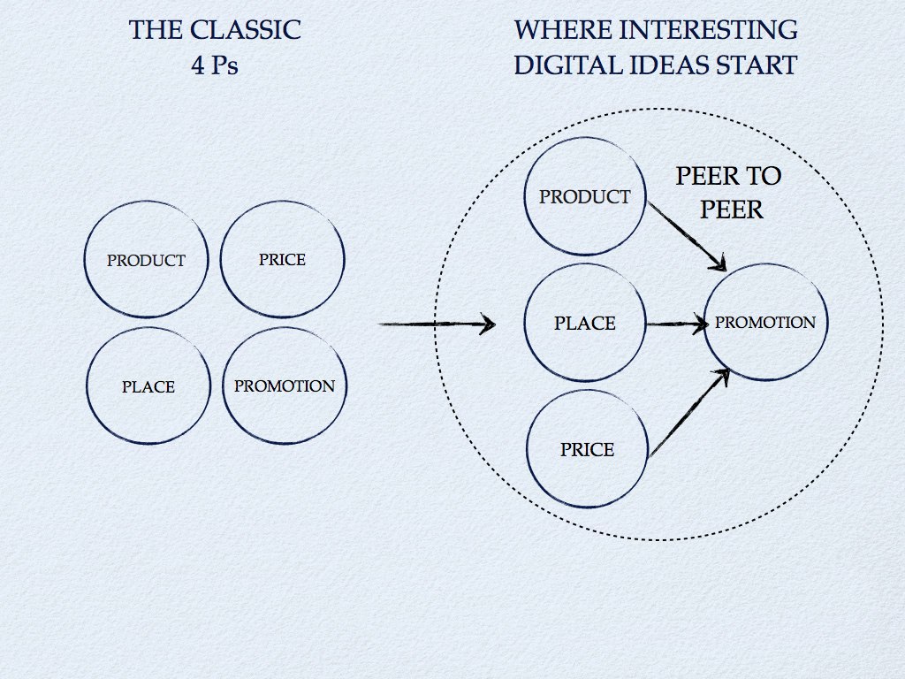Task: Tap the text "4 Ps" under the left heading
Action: pos(215,65)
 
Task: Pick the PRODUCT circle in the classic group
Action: pos(147,261)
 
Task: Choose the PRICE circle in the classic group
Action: pos(282,259)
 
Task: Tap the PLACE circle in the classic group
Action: pos(148,386)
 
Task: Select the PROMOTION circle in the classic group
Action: pos(284,385)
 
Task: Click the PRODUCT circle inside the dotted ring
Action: pos(585,197)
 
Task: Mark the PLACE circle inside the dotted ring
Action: pos(585,324)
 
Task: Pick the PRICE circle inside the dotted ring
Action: pos(587,450)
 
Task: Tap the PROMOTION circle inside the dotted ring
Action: pos(765,323)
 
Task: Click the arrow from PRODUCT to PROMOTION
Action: pos(688,235)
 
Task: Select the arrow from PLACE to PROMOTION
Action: pos(677,324)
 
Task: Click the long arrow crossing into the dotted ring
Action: pos(437,324)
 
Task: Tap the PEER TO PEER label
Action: pos(729,193)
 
